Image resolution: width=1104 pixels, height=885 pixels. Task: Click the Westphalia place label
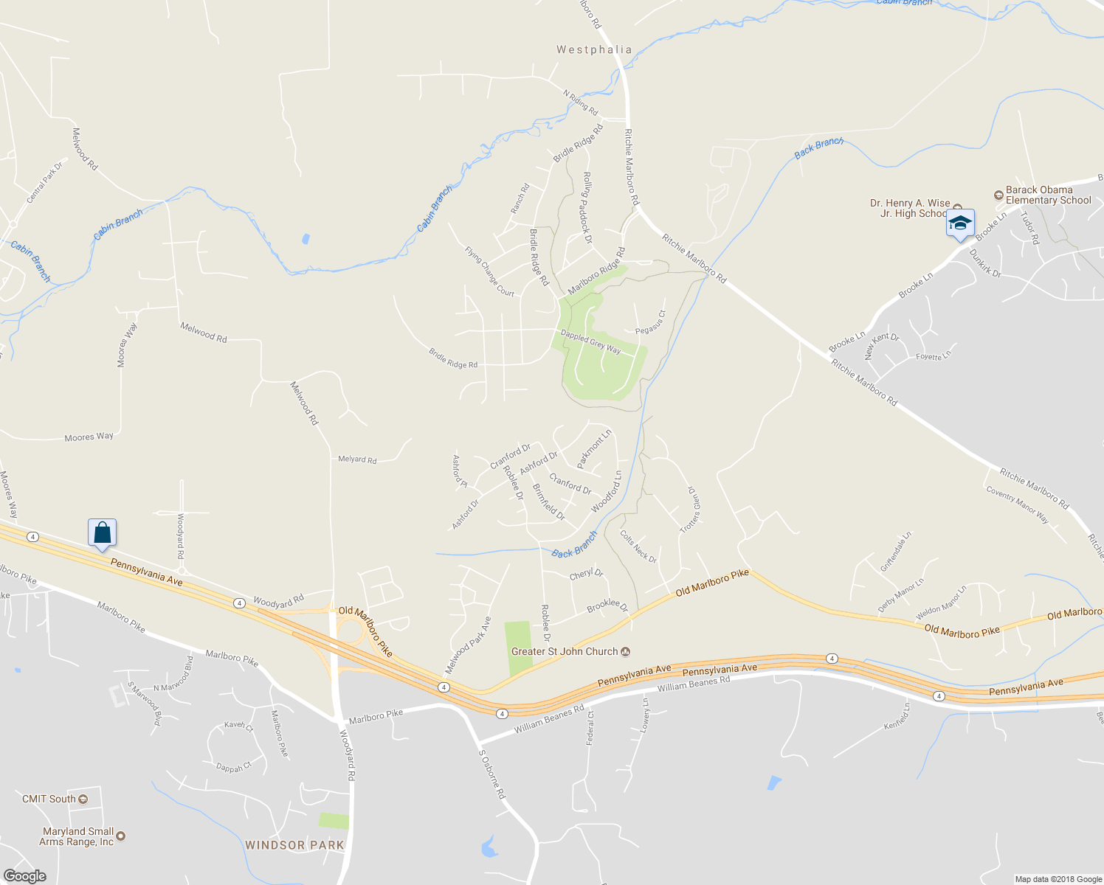594,49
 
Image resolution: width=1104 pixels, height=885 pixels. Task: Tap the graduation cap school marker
960,223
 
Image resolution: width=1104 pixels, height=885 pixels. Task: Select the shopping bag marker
103,532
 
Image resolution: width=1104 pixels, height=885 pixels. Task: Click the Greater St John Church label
565,651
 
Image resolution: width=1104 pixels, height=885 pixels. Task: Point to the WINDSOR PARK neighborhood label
294,845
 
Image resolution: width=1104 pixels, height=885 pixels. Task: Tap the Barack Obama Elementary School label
1048,195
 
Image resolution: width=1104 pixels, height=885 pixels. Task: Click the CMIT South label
49,799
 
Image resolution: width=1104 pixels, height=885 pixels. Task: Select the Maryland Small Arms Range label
77,836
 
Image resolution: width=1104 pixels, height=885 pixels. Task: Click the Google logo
24,875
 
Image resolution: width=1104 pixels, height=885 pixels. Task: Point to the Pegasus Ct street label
650,322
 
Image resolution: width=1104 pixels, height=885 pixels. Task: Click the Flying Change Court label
489,271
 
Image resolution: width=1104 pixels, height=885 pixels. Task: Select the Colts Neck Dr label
638,546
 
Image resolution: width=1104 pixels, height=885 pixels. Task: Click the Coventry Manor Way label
1017,505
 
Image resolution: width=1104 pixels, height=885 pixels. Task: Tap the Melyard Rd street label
357,459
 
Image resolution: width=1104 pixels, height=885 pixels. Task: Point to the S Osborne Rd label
492,774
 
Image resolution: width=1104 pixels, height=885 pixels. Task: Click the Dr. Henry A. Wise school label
911,208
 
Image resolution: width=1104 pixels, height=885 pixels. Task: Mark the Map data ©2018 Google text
1058,879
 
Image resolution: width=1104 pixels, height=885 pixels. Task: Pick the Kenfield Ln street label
897,716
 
